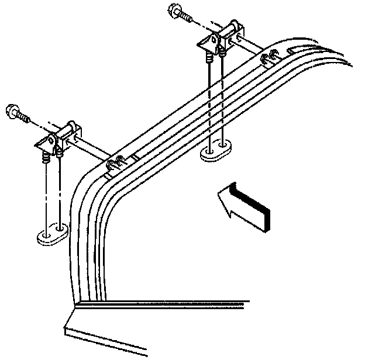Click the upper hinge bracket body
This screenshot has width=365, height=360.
213,41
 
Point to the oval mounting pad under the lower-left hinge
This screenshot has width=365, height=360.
53,236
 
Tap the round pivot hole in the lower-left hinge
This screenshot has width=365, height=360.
51,140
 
